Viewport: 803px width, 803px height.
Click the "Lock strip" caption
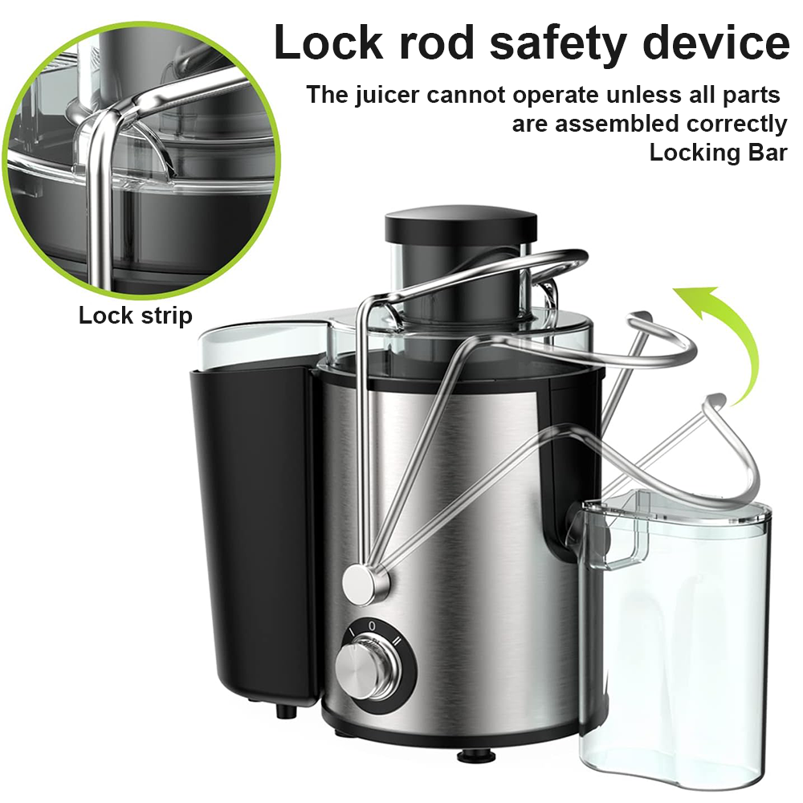point(135,316)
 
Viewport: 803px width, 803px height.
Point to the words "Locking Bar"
point(718,153)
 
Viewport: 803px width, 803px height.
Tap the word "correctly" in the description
point(736,124)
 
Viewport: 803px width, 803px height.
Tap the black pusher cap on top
point(460,225)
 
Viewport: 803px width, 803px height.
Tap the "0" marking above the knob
point(372,622)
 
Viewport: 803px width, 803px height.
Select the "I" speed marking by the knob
point(350,634)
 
